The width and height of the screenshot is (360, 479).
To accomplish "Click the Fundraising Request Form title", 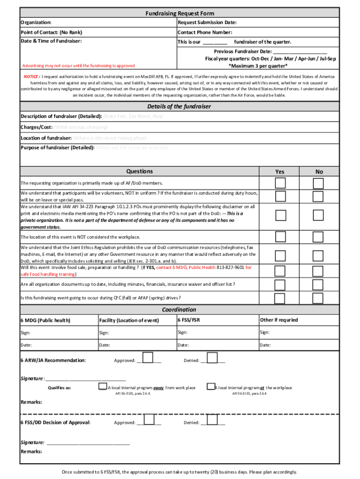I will (180, 14).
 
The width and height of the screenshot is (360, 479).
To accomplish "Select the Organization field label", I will (36, 22).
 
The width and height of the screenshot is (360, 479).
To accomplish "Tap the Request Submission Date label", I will (207, 22).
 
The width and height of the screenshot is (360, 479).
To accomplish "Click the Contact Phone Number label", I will (205, 32).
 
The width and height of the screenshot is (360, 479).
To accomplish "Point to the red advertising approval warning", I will (79, 65).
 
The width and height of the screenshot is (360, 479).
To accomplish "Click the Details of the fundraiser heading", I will (179, 106).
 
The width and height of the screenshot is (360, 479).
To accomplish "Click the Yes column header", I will (280, 172).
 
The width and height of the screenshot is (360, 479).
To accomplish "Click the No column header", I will (319, 172).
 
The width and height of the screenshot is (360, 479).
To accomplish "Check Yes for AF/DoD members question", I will (280, 182).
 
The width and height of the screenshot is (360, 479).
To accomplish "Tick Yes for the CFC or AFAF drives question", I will (280, 298).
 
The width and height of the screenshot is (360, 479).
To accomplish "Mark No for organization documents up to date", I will (318, 284).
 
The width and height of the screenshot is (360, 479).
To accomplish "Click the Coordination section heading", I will (179, 310).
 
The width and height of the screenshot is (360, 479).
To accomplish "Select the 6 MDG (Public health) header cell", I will (45, 320).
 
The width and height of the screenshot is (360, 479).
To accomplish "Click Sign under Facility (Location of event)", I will (104, 333).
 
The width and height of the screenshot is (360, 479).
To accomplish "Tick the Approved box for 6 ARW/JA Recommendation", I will (148, 358).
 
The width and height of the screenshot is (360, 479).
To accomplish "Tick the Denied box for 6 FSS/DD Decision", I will (212, 420).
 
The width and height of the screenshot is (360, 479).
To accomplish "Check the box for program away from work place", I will (103, 386).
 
